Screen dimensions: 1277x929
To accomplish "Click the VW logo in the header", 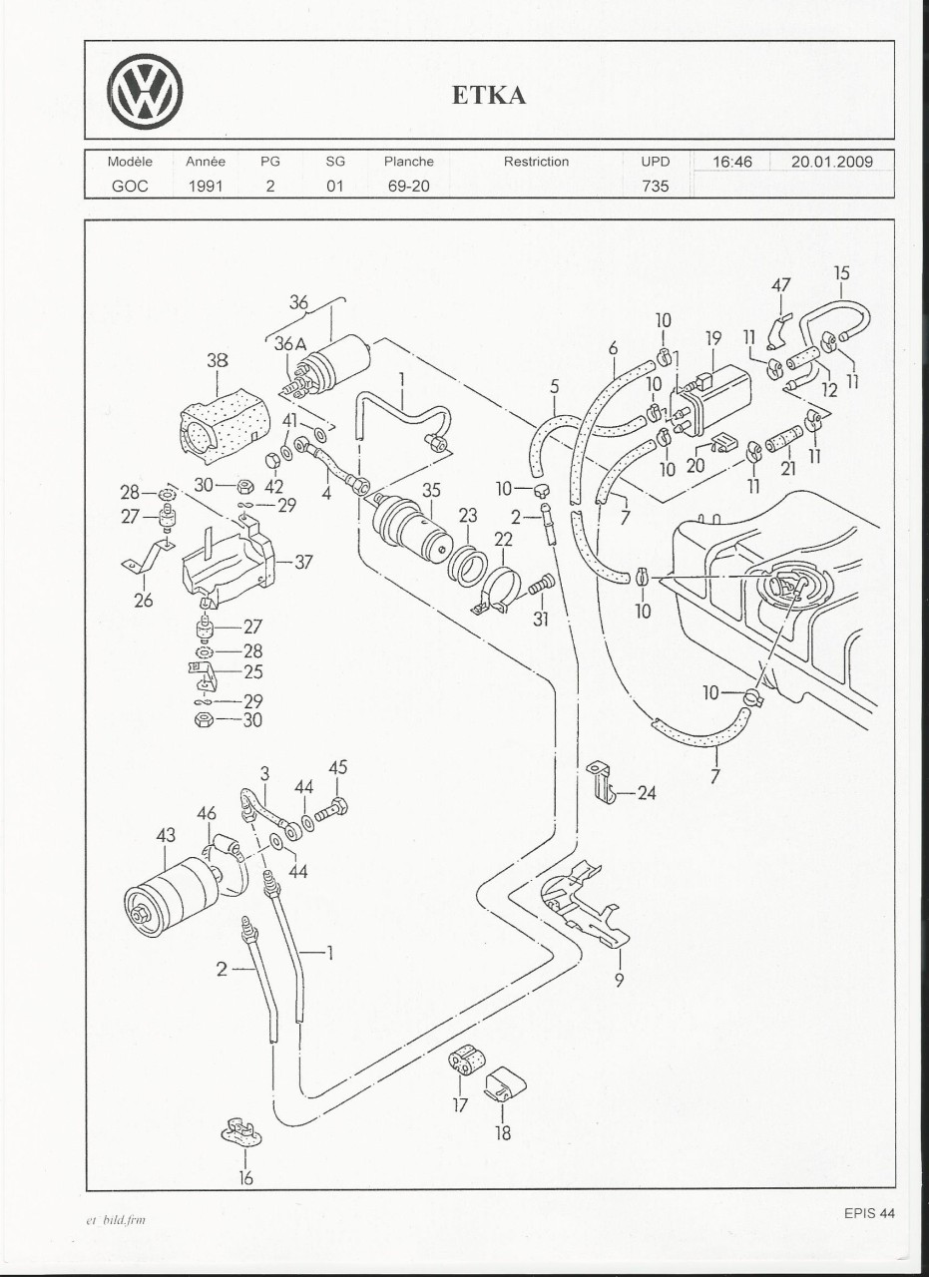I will coord(146,91).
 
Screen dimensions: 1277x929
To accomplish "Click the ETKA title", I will coord(489,95).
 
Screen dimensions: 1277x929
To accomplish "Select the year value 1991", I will coord(206,186).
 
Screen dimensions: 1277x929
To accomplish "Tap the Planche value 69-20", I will coord(408,186).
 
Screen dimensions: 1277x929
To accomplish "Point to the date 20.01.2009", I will coord(832,162).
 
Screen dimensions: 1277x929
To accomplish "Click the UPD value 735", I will coord(656,186).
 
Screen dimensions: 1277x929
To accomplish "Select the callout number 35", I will coord(431,490).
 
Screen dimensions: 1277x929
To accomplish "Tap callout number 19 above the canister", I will coord(713,339).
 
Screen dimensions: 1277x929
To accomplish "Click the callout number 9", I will coord(619,980).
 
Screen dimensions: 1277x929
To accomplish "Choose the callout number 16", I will coord(245,1178).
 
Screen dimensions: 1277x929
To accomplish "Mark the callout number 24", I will coord(647,794).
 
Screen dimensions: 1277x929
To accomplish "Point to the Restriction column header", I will coord(536,162).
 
